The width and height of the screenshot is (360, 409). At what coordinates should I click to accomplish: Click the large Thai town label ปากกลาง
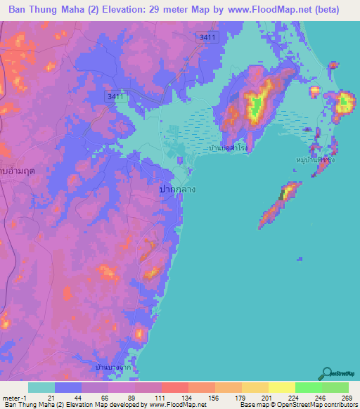point(178,189)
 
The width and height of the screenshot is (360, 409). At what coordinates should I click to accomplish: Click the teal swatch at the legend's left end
point(41,387)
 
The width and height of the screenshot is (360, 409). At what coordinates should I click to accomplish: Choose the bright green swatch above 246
point(308,387)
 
